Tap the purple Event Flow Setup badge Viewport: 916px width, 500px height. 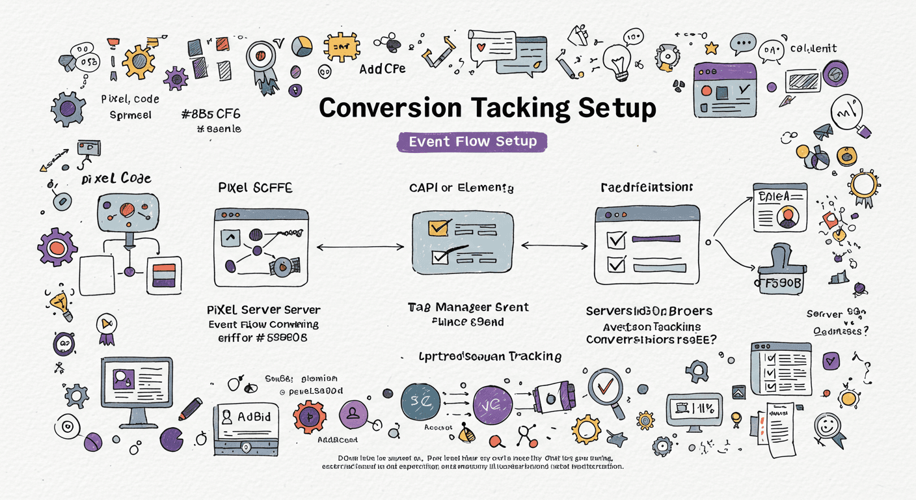click(x=472, y=141)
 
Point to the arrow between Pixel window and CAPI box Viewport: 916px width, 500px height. click(x=360, y=247)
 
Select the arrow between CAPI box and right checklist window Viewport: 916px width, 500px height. click(x=554, y=246)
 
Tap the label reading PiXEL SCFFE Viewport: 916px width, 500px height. click(x=254, y=188)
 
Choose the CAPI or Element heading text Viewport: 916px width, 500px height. click(x=461, y=188)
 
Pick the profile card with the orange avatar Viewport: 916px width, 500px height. click(x=780, y=207)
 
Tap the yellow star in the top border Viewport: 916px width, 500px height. click(x=711, y=48)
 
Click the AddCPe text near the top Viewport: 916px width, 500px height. click(x=382, y=68)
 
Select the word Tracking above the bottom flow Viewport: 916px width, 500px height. click(x=535, y=356)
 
